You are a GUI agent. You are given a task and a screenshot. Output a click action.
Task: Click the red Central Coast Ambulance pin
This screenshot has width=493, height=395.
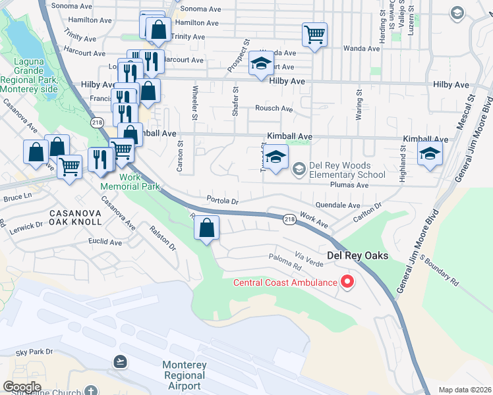click(347, 282)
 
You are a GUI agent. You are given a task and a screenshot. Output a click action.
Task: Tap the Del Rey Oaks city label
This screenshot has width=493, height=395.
click(357, 255)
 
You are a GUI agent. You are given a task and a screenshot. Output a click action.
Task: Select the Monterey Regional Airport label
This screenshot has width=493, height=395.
click(185, 375)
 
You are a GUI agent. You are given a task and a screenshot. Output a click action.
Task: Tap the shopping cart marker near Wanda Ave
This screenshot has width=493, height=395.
click(314, 34)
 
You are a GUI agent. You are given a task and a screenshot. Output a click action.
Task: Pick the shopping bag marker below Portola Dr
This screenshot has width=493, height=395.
click(207, 228)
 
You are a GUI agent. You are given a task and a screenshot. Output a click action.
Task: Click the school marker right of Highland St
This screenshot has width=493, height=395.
click(430, 154)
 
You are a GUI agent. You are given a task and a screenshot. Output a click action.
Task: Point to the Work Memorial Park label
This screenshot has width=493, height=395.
click(130, 182)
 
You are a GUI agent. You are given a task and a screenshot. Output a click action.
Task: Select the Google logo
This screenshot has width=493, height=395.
click(22, 386)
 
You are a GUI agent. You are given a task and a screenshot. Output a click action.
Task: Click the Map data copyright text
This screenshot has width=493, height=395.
click(465, 390)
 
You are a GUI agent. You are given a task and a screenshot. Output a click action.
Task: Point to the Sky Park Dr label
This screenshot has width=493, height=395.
click(34, 352)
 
